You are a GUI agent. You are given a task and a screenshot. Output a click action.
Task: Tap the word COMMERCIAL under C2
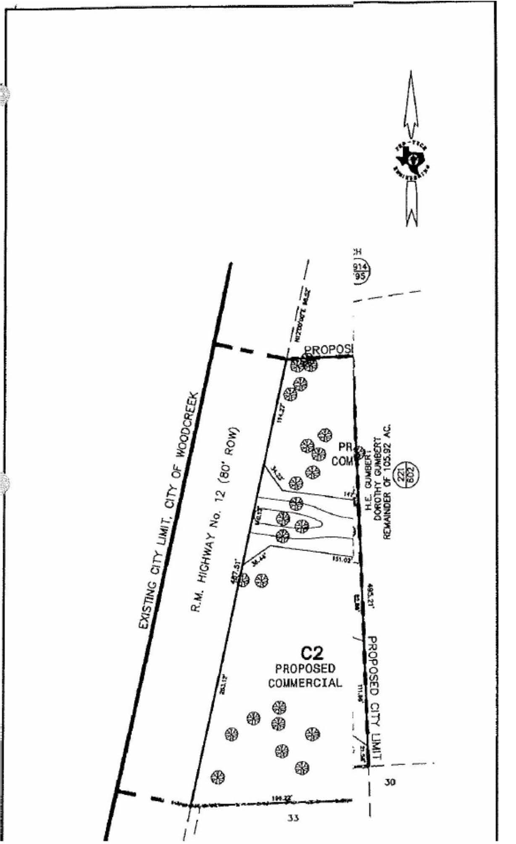coord(305,683)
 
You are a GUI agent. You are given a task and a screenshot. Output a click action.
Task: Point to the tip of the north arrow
coord(411,73)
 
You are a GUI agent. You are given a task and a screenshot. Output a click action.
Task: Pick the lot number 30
coord(390,782)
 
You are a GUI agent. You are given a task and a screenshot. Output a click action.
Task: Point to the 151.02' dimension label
coord(342,560)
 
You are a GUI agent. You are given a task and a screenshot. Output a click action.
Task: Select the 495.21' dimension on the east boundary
coord(371,595)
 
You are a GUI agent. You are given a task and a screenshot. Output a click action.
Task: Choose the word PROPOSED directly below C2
coord(305,669)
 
